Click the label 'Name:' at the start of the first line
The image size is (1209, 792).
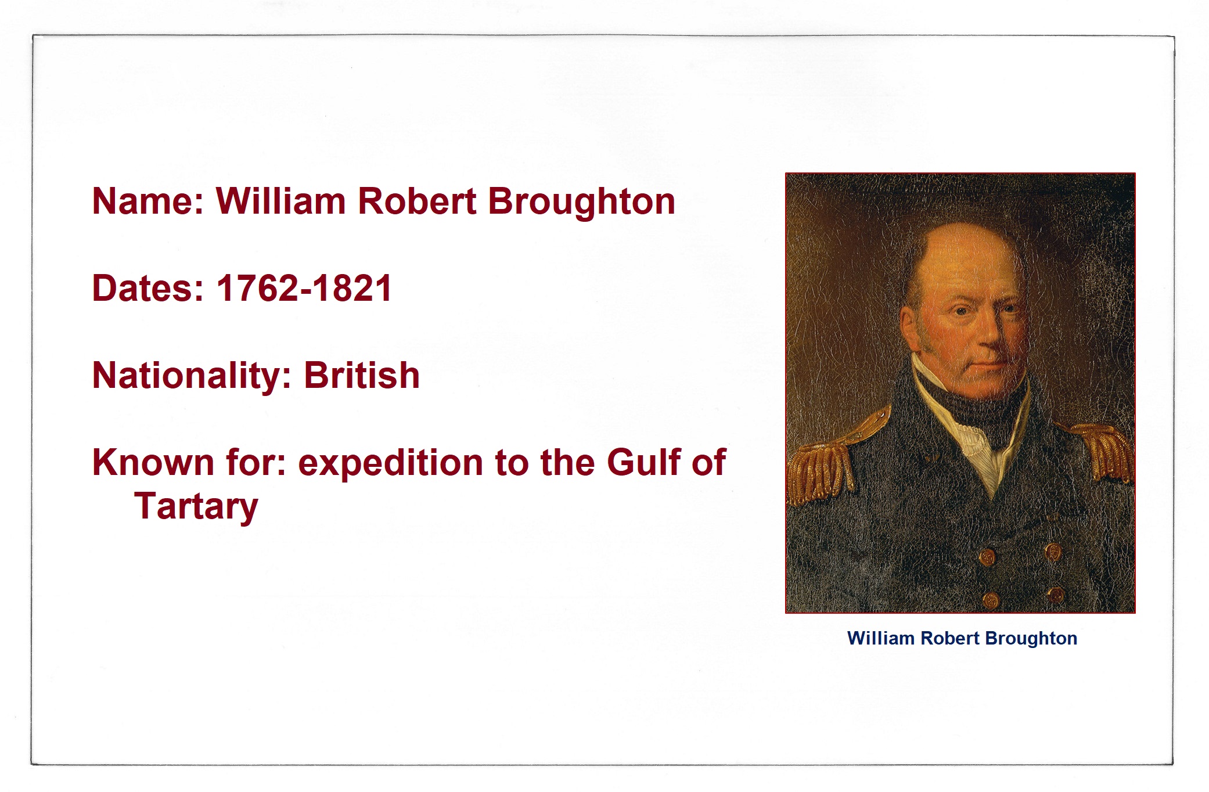pos(148,201)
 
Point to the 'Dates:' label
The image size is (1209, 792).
pos(148,289)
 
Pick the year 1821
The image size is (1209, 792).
pos(352,289)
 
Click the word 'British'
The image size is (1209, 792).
pos(362,375)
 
